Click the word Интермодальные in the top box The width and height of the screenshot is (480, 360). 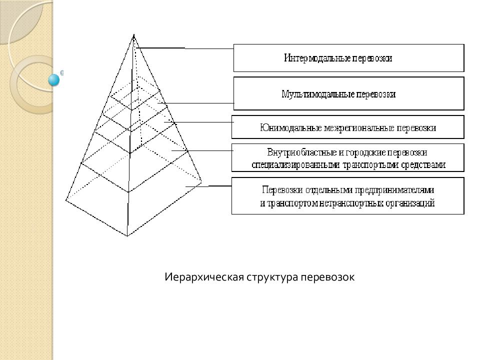click(x=316, y=58)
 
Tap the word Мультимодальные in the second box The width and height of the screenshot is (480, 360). click(x=318, y=94)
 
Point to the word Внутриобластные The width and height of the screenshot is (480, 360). click(x=301, y=152)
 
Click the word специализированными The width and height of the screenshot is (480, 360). click(x=295, y=165)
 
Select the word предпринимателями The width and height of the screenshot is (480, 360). click(x=395, y=190)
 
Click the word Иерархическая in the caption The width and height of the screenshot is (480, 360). click(x=204, y=277)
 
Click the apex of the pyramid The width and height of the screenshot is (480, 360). click(x=134, y=34)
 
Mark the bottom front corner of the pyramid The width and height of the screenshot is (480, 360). click(x=127, y=236)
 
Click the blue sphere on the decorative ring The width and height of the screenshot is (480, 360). click(x=54, y=80)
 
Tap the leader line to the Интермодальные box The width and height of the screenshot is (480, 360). click(x=184, y=48)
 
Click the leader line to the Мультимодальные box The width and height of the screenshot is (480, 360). click(x=196, y=103)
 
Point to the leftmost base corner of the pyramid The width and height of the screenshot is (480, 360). click(x=66, y=200)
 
